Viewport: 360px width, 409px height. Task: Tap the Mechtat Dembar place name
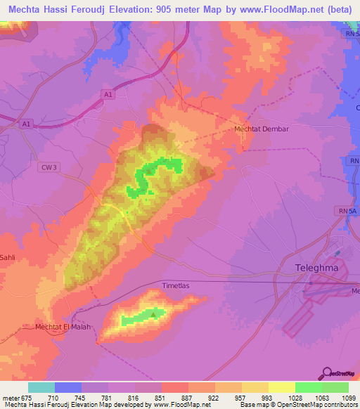point(262,129)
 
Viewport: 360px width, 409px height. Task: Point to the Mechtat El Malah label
point(64,327)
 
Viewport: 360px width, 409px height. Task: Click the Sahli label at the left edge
point(8,258)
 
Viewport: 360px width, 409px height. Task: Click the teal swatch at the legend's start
point(41,387)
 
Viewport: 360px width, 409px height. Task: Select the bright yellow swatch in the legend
point(282,387)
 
